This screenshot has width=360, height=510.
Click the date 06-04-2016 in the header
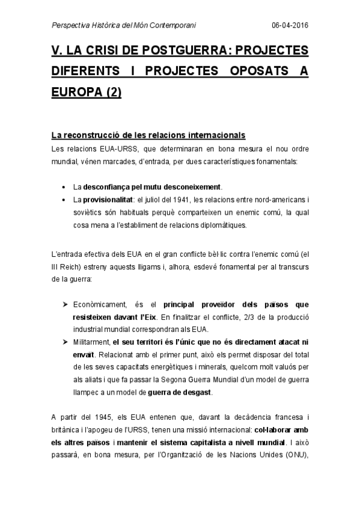point(290,26)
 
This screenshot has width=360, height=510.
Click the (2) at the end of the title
point(109,94)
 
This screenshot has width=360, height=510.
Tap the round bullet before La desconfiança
point(65,187)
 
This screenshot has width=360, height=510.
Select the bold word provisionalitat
point(108,200)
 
